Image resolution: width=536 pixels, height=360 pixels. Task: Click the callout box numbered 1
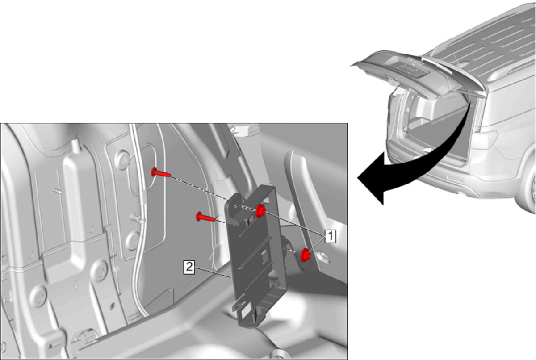(330, 236)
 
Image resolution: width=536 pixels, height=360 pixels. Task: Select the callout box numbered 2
(189, 267)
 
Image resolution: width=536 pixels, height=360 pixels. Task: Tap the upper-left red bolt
(160, 172)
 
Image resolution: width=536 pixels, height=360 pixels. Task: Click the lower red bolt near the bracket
(205, 217)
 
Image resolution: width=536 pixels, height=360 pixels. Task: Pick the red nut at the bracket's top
(260, 211)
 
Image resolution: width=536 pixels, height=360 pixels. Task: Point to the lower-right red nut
(306, 255)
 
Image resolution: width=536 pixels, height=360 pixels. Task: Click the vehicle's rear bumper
(455, 175)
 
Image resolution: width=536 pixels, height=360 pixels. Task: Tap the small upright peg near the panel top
(76, 147)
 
